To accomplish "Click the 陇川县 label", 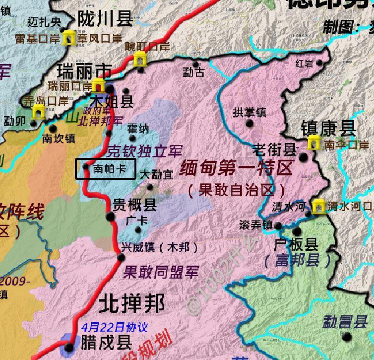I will pos(105,19).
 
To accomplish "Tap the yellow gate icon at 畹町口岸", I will pos(140,60).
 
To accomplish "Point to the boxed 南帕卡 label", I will pos(105,168).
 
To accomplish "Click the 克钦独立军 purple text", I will pos(144,151).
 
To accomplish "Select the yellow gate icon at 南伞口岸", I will pos(313,144).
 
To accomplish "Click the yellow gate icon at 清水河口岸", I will pos(319,206).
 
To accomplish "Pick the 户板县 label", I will pos(296,245).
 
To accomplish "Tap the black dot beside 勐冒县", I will pos(347,337).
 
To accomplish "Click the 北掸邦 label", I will pos(131,303).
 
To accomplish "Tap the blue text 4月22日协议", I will pos(115,327).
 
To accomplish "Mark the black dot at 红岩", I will pos(320,64).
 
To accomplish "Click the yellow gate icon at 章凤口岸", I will pos(66,38).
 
